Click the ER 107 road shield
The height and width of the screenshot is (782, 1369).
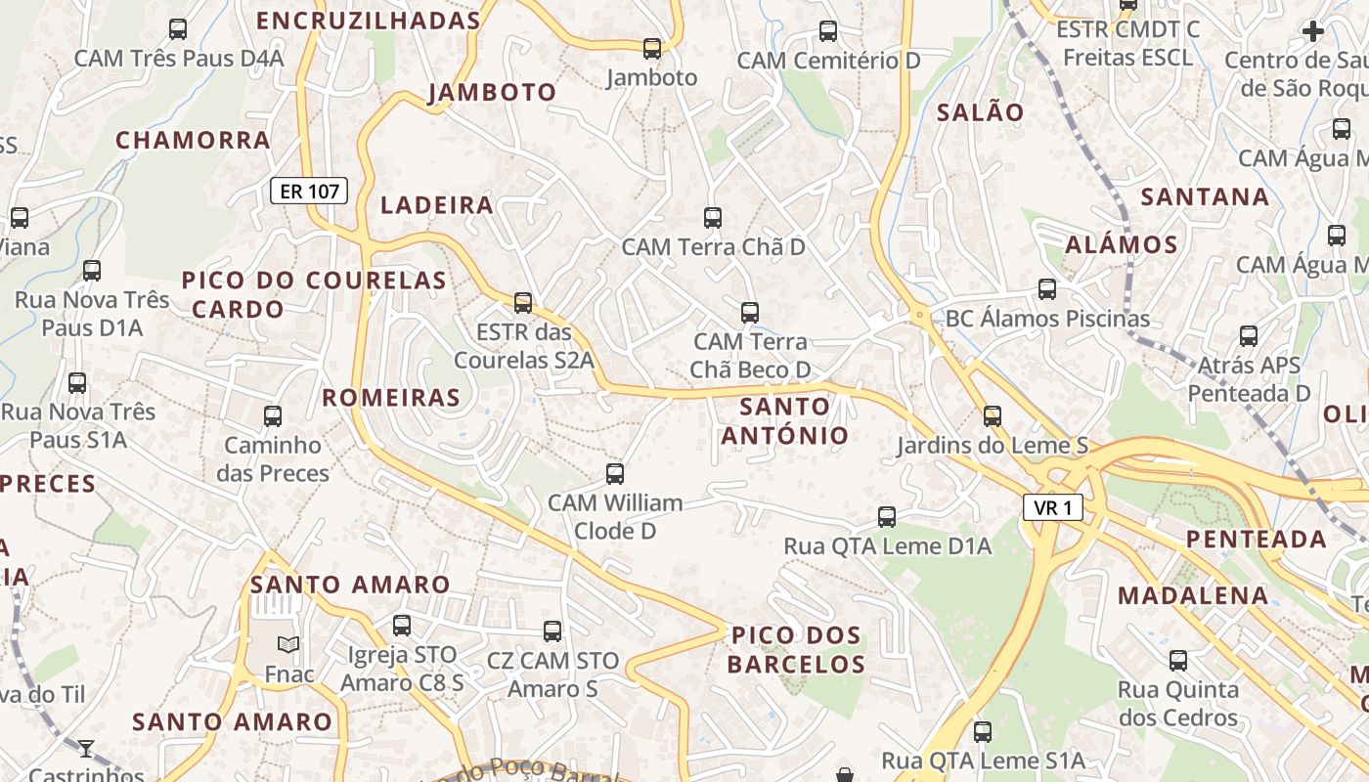pos(309,191)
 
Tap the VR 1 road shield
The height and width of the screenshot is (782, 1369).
pos(1053,507)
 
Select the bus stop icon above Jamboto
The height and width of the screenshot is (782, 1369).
pos(652,48)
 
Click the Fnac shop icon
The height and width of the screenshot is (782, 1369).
pos(288,644)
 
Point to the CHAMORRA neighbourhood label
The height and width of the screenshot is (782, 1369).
pos(193,140)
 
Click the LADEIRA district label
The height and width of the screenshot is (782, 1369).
pos(437,205)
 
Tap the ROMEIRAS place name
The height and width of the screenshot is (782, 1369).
pos(391,397)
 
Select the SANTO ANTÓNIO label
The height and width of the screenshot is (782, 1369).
pos(785,420)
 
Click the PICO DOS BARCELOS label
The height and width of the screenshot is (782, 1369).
pos(797,650)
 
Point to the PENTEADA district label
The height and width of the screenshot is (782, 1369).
pos(1257,539)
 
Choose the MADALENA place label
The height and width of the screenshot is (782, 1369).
pos(1193,595)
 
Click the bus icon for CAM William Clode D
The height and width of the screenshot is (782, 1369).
pos(615,474)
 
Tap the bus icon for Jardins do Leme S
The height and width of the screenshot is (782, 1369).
pos(993,416)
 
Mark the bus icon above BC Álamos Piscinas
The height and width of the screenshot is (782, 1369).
pos(1047,289)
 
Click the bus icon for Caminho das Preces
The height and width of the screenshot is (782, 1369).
pos(273,416)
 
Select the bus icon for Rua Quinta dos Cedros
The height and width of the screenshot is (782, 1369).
pos(1178,661)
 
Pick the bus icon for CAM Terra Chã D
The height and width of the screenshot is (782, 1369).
pos(713,218)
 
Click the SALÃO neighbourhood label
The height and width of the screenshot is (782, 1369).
pos(980,112)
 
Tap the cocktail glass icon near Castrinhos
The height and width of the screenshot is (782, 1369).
pos(86,749)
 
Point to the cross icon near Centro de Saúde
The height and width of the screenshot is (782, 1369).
pos(1313,31)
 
